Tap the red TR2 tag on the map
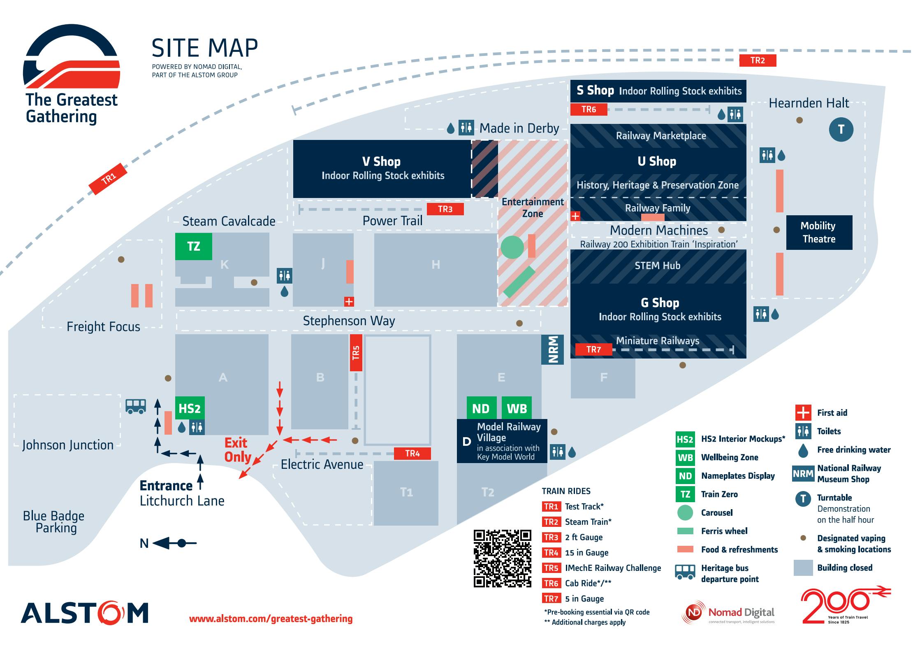(758, 61)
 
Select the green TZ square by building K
(194, 247)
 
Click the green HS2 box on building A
(190, 408)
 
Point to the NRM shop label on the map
(552, 349)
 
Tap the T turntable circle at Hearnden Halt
(841, 130)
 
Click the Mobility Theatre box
(819, 233)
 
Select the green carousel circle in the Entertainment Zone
(512, 247)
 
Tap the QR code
(503, 558)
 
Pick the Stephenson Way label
(349, 321)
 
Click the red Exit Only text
(238, 450)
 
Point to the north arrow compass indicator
(168, 543)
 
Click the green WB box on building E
(517, 408)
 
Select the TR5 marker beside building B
(356, 353)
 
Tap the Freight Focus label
(103, 327)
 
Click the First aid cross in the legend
(803, 412)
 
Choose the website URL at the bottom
(271, 619)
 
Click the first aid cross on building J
(349, 302)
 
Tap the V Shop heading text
(381, 162)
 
